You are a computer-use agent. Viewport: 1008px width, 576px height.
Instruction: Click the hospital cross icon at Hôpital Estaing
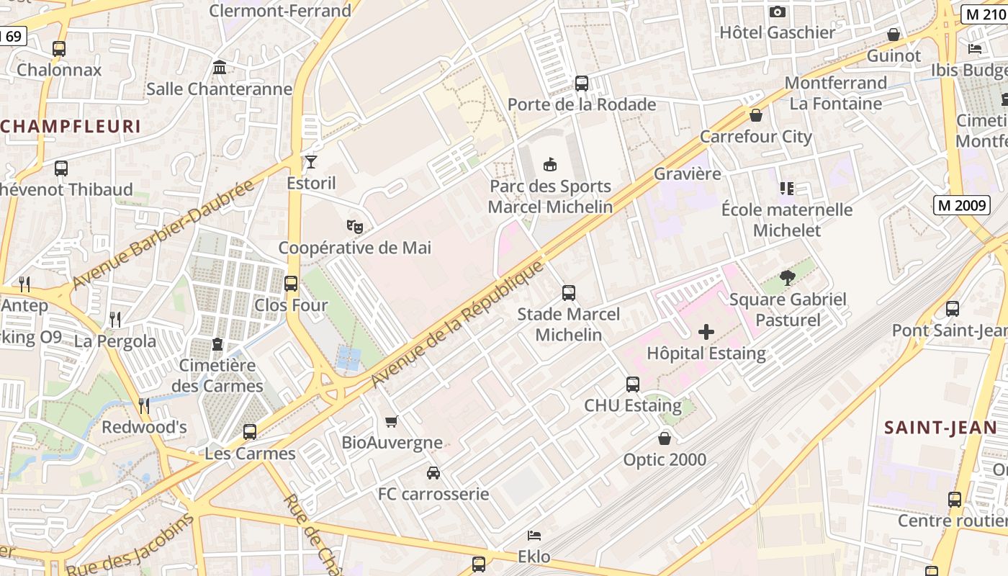pyautogui.click(x=706, y=332)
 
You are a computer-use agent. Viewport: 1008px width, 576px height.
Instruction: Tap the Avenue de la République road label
pyautogui.click(x=456, y=325)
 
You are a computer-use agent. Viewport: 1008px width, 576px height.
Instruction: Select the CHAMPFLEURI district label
pyautogui.click(x=71, y=127)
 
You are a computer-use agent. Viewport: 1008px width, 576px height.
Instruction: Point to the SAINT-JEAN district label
pyautogui.click(x=940, y=428)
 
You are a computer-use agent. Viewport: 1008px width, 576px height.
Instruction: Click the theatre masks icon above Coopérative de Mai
pyautogui.click(x=355, y=227)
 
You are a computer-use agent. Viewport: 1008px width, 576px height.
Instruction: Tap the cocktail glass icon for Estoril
pyautogui.click(x=311, y=162)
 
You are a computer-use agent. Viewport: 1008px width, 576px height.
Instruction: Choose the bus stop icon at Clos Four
pyautogui.click(x=291, y=284)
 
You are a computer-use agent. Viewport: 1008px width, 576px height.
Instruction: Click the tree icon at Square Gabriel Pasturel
pyautogui.click(x=788, y=278)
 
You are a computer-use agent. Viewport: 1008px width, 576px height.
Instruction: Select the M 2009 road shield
pyautogui.click(x=962, y=205)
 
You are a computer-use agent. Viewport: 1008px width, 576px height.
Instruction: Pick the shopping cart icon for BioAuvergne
pyautogui.click(x=392, y=421)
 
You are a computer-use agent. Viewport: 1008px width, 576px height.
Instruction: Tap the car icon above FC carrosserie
pyautogui.click(x=433, y=473)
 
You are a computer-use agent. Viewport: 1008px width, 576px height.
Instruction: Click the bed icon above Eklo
pyautogui.click(x=534, y=536)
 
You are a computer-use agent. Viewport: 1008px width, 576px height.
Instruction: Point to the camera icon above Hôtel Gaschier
pyautogui.click(x=778, y=12)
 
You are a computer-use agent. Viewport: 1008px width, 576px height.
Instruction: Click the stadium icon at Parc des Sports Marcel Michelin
pyautogui.click(x=551, y=165)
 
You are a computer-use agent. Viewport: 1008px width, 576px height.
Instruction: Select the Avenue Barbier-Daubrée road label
pyautogui.click(x=163, y=235)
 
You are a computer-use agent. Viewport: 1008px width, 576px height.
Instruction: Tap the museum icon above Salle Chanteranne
pyautogui.click(x=220, y=68)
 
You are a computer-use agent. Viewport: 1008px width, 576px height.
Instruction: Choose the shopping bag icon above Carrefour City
pyautogui.click(x=756, y=115)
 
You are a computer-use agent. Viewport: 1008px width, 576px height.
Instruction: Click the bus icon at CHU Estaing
pyautogui.click(x=633, y=384)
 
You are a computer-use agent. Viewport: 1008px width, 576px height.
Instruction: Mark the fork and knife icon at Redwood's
pyautogui.click(x=144, y=406)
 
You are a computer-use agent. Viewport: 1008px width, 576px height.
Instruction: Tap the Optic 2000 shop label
pyautogui.click(x=665, y=459)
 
